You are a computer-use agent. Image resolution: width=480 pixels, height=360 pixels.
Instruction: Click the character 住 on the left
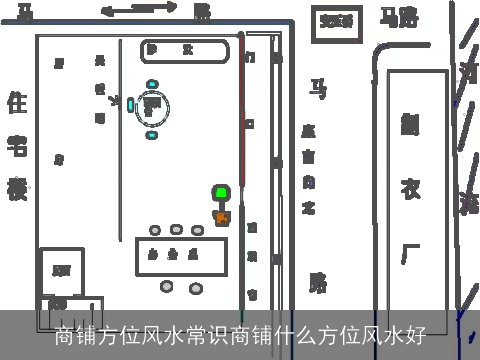coord(17,102)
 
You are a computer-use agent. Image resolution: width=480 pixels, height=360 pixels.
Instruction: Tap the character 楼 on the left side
coord(17,188)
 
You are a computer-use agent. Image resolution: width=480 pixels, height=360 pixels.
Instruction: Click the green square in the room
coord(220,192)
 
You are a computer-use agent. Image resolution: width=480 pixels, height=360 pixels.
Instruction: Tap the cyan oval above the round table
coord(152,84)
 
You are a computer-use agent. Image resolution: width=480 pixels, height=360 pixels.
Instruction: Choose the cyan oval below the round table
coord(152,134)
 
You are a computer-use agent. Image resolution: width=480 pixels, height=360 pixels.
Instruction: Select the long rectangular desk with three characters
coord(181,255)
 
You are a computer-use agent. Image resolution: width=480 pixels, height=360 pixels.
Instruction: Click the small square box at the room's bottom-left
coord(62,270)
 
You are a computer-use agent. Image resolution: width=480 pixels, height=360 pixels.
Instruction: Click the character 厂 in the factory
coord(410,250)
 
